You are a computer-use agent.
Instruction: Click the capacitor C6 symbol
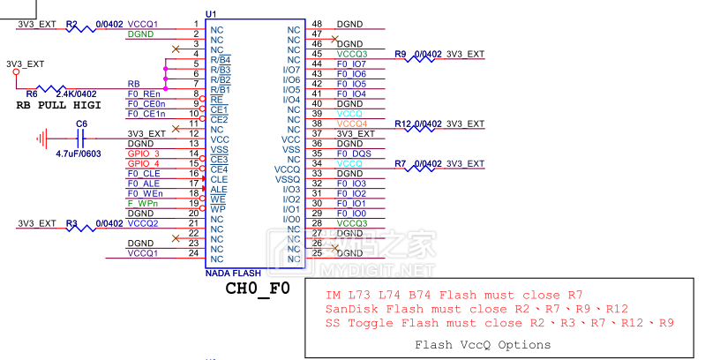pos(80,139)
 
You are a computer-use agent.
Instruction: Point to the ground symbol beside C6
pos(41,139)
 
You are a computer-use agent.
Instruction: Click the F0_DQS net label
pos(354,154)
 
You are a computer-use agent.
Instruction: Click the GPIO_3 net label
pos(143,154)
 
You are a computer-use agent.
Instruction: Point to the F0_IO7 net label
pos(351,64)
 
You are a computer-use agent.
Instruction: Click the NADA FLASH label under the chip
pos(232,274)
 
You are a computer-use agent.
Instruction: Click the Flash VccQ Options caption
pos(482,345)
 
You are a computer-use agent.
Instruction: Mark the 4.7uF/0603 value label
pos(79,153)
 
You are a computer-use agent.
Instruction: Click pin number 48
pos(317,24)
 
